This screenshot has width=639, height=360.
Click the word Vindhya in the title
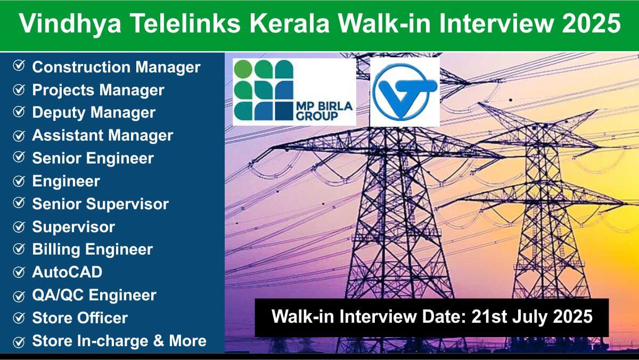70,24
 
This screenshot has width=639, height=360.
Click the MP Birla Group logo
294,92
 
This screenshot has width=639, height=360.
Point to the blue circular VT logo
405,92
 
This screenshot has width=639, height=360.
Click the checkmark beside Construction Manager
19,66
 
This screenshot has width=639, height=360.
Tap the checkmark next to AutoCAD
19,272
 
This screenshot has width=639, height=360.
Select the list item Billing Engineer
93,250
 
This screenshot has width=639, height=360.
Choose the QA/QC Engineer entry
94,295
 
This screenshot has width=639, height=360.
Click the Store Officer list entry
80,318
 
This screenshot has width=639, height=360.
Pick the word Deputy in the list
58,113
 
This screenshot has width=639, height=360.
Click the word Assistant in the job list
67,135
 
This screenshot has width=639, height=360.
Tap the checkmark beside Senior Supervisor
19,203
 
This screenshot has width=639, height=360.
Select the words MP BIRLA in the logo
324,107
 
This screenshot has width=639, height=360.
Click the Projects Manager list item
98,90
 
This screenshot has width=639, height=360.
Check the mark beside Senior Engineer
19,157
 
